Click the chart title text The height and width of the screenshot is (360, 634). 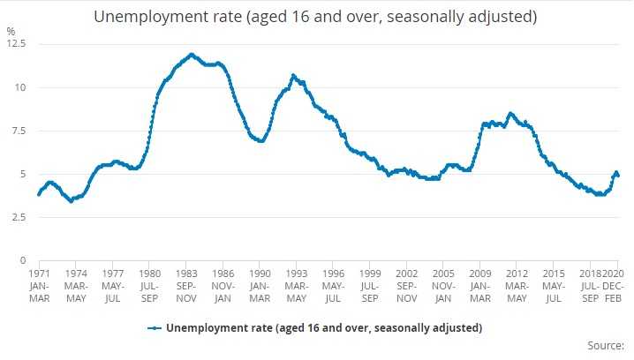tap(316, 17)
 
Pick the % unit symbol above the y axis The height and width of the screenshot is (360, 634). tap(11, 31)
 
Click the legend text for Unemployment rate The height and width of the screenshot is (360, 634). tap(324, 328)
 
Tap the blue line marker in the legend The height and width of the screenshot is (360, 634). tap(155, 328)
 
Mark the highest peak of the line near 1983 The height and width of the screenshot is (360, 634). tap(191, 54)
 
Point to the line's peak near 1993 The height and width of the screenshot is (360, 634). tap(293, 76)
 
